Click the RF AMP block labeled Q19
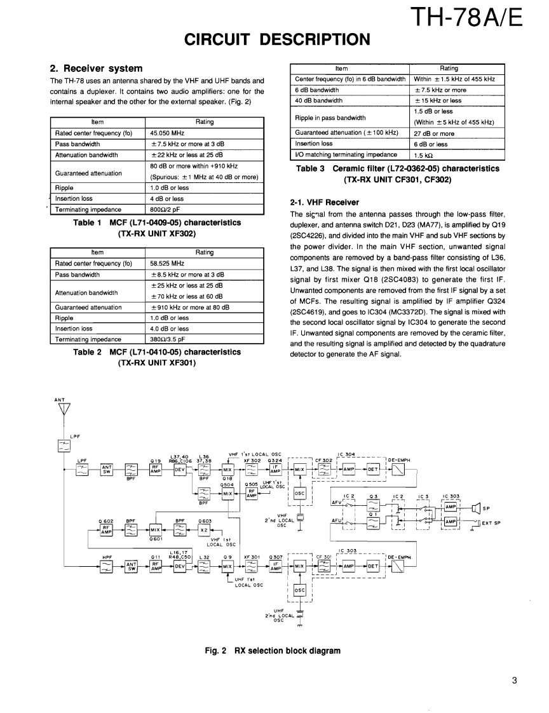154,470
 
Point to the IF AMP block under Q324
274,470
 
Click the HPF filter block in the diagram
107,566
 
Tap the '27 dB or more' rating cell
434,133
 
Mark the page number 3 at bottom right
515,681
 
